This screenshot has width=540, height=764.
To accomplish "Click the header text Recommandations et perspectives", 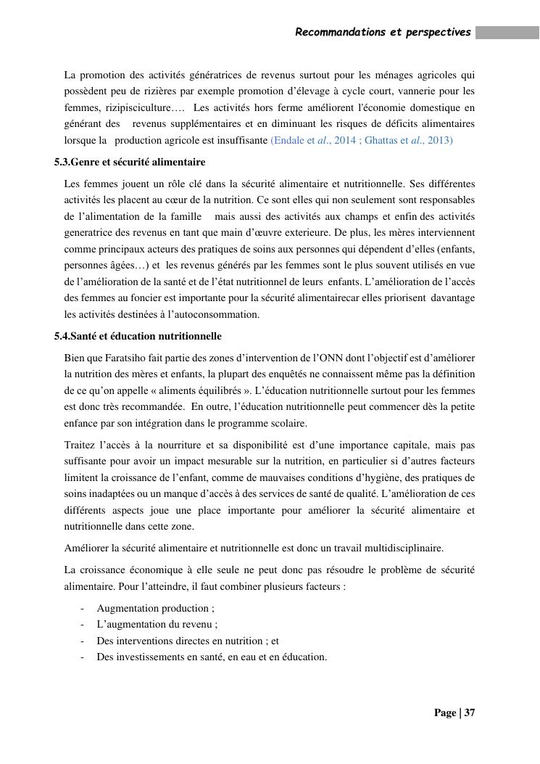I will pos(383,33).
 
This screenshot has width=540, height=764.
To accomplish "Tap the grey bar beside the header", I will pos(507,33).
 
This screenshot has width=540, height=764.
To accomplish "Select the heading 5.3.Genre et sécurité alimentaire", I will pos(130,162).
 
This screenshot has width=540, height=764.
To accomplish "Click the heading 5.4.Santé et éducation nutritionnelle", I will pos(138,336).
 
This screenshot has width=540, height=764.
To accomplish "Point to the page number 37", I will pos(469,712).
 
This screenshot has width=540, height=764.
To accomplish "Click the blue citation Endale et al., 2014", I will pos(310,140).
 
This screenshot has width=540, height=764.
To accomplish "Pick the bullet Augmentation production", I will pos(155,608).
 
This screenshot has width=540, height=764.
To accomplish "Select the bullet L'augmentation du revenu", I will pos(157,624).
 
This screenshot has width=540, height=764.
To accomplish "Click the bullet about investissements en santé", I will pos(212,657).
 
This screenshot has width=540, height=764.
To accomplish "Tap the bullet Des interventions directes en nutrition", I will pos(188,641).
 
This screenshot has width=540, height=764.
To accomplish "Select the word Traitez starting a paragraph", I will pos(80,445).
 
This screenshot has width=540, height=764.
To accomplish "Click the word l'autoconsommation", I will pos(215,314).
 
